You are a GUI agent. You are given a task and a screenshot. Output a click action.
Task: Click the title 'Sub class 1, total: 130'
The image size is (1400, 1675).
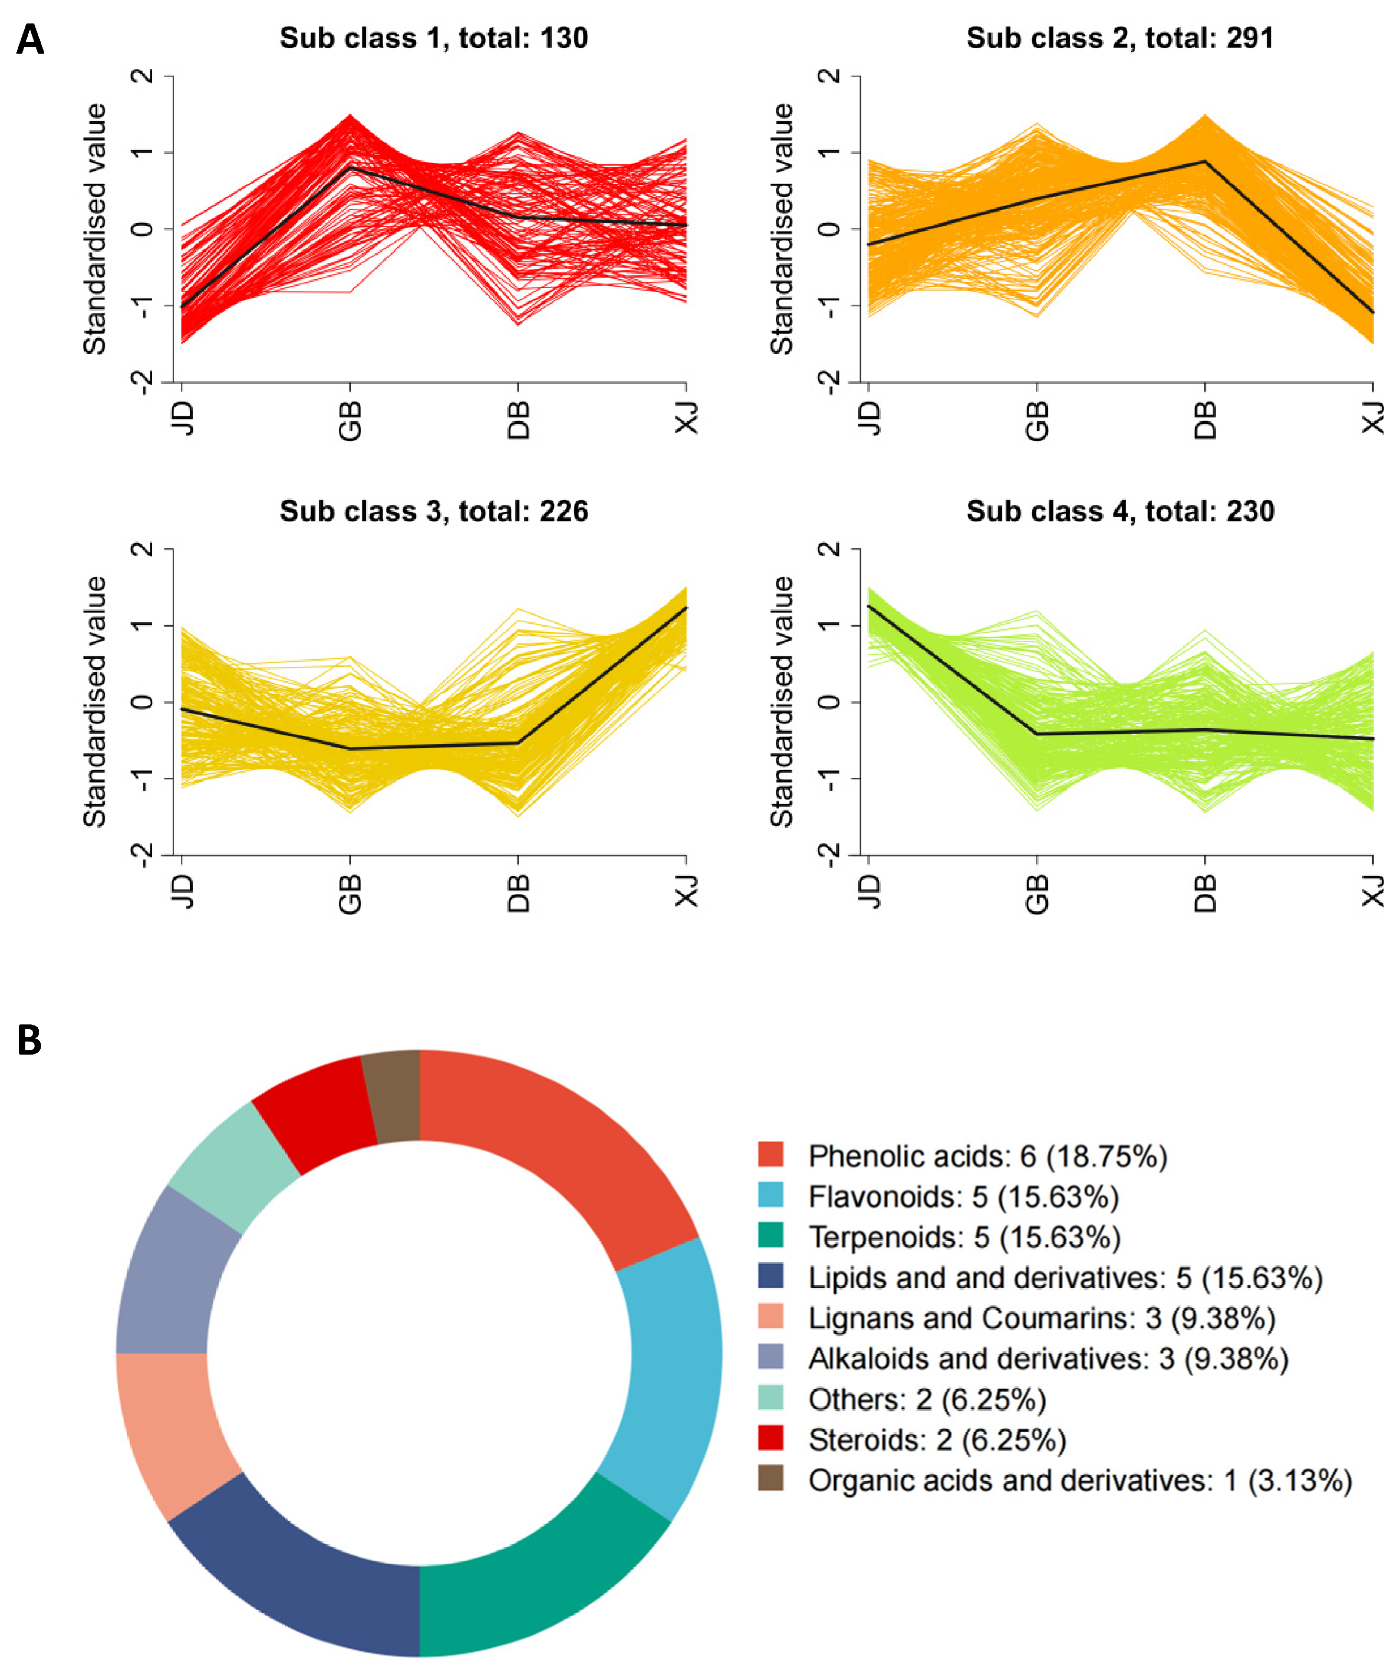pyautogui.click(x=434, y=38)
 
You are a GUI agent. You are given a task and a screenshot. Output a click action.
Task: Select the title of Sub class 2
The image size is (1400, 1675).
pyautogui.click(x=1120, y=38)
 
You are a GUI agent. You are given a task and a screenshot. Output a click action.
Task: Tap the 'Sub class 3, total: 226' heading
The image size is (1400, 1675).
pyautogui.click(x=434, y=511)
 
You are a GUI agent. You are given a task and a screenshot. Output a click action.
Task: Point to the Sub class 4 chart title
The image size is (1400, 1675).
pyautogui.click(x=1120, y=511)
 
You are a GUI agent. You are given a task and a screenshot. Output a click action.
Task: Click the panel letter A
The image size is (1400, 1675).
pyautogui.click(x=30, y=39)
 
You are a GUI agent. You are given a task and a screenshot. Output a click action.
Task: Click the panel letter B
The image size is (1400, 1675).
pyautogui.click(x=30, y=1040)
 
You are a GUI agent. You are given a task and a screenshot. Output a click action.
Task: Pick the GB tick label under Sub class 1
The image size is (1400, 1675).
pyautogui.click(x=350, y=420)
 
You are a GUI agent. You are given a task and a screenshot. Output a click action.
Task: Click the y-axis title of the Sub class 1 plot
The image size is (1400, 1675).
pyautogui.click(x=94, y=229)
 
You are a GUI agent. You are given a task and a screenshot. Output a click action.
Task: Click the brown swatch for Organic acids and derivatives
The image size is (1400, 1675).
pyautogui.click(x=770, y=1478)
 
